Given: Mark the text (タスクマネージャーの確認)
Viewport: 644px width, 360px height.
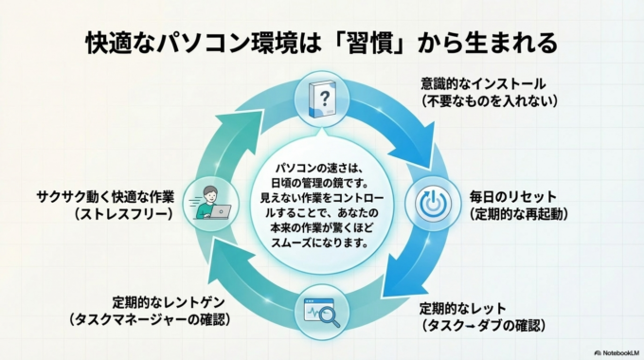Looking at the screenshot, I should point(151,320).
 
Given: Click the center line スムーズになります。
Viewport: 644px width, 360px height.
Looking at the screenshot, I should point(322,243).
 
